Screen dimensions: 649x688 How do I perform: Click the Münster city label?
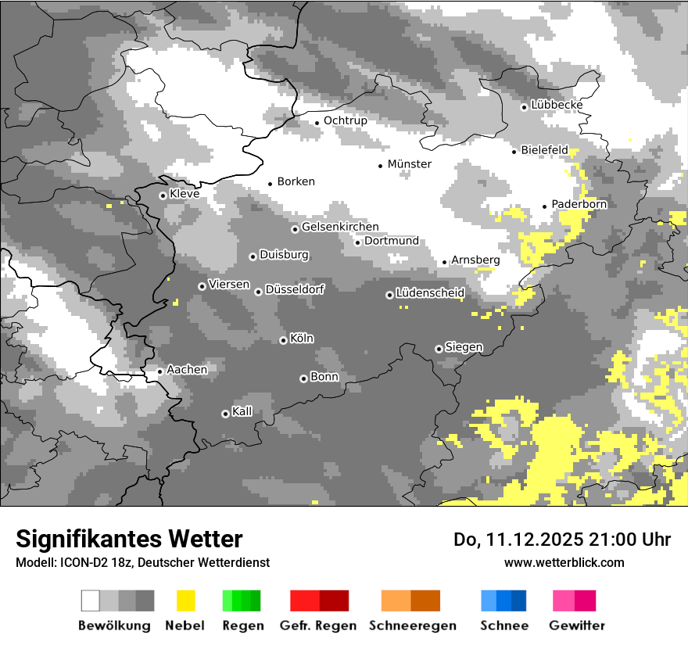point(409,164)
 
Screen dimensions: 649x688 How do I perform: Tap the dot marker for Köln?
point(283,340)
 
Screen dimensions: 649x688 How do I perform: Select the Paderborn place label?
point(579,204)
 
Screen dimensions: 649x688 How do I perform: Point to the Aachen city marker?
point(159,371)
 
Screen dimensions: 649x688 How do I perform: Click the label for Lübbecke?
point(557,105)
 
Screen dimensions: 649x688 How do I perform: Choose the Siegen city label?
point(464,346)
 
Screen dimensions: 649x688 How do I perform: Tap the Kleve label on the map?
point(185,193)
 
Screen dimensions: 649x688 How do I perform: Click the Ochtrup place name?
point(345,120)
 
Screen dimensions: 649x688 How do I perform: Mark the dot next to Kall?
point(225,414)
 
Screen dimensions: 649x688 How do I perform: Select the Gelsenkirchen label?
point(340,227)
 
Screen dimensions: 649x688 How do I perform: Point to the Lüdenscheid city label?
point(430,292)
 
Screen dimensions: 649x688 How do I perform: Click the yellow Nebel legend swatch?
point(186,601)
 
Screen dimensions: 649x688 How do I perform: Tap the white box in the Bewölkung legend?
point(91,601)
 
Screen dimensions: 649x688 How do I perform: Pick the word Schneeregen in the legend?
point(412,626)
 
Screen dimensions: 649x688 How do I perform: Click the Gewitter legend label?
point(577,626)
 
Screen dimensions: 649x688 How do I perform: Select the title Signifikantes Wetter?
point(129,539)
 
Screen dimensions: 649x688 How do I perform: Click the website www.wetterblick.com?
point(564,562)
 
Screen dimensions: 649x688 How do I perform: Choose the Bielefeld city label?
point(544,150)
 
